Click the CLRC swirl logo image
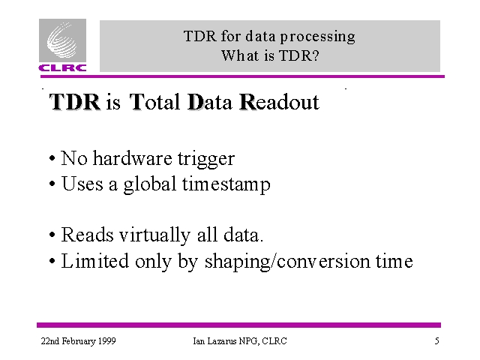point(62,40)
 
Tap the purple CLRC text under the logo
point(62,67)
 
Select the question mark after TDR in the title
point(316,55)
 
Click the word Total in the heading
point(154,102)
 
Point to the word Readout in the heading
point(280,102)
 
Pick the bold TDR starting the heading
point(75,102)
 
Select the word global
point(150,184)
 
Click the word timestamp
point(226,184)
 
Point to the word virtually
point(154,235)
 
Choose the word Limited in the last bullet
point(95,261)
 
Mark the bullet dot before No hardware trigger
point(52,159)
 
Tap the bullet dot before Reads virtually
point(52,235)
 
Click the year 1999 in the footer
point(106,341)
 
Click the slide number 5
point(436,341)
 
